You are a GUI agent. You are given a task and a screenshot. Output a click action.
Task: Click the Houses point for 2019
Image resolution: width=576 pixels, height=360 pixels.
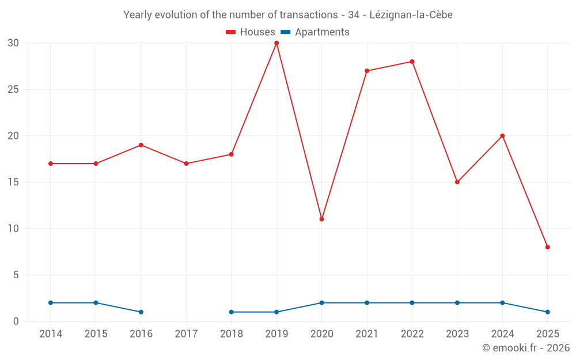point(276,43)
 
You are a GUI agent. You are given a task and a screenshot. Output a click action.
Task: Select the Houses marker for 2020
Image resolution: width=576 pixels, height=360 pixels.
point(321,219)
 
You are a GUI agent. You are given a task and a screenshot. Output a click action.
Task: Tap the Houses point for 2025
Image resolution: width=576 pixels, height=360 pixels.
point(547,247)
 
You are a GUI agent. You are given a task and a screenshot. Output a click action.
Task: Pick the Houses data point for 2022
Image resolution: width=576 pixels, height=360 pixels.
point(412,62)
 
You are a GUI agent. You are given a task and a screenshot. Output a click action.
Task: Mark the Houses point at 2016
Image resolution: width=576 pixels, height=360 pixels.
point(141,145)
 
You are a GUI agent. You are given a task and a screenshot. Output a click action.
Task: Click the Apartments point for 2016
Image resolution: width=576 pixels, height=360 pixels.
point(141,312)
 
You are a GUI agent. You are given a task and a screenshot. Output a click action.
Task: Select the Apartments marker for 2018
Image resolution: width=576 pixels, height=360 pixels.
point(232,312)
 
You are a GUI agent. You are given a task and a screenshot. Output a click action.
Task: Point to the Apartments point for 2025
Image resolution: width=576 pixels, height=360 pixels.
point(547,312)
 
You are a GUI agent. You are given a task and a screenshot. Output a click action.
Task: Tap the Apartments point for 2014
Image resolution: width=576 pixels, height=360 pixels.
point(51,303)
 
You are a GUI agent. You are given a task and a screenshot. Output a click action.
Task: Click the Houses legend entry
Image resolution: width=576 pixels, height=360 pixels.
point(251,32)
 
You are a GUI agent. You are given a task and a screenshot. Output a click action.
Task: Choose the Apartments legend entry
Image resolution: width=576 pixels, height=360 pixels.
point(315,32)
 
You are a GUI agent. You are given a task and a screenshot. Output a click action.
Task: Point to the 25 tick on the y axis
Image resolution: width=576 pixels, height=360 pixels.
point(13,89)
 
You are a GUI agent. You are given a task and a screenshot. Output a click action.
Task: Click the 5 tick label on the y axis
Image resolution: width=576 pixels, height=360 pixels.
point(16,275)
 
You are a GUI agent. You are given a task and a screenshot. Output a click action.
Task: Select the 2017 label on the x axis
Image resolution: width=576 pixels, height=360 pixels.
point(186,334)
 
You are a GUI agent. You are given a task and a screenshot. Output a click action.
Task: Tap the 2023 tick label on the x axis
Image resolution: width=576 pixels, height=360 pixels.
point(457,334)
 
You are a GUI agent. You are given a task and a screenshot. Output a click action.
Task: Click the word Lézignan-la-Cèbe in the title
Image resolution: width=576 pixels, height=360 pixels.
point(411,15)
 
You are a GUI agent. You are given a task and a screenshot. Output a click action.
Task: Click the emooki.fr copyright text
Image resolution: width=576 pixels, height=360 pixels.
point(525,348)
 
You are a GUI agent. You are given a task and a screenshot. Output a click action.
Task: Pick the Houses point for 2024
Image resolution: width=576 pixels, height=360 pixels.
point(502,136)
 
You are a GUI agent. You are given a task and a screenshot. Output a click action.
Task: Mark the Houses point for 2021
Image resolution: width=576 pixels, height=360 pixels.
point(367,71)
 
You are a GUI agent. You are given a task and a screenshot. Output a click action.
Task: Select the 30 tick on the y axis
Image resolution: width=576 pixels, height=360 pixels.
point(13,43)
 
